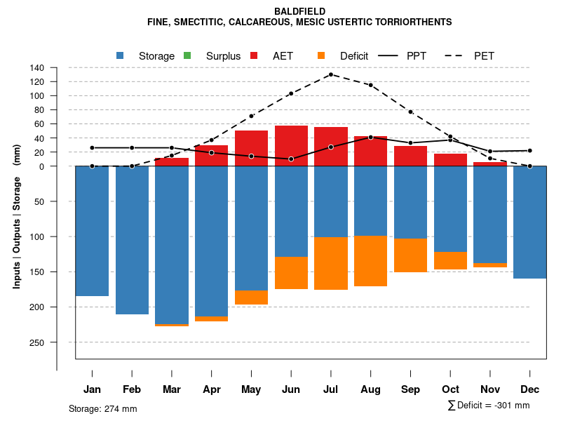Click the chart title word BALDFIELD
(x=299, y=11)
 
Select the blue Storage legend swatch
(x=120, y=56)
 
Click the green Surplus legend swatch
(x=187, y=56)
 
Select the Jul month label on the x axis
(x=331, y=389)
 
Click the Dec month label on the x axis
(x=529, y=389)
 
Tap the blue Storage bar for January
(x=92, y=231)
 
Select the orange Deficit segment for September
(x=410, y=255)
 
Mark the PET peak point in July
(x=330, y=74)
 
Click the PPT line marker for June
(x=291, y=159)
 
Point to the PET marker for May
(x=251, y=116)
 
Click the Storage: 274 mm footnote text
(x=102, y=408)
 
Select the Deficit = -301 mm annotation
(x=489, y=406)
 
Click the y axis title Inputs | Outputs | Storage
(x=16, y=216)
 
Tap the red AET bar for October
(x=450, y=160)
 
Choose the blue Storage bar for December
(x=529, y=222)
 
